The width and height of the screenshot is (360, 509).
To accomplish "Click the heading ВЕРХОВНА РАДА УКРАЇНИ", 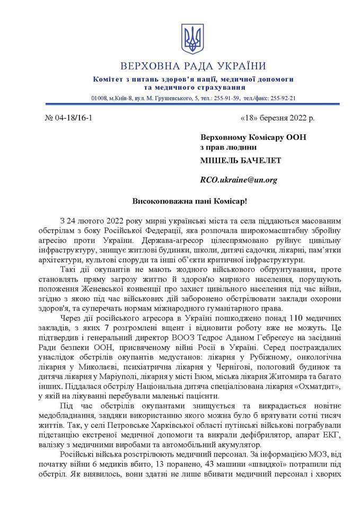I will pos(193,66).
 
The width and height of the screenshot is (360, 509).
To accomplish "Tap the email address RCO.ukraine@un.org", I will pos(239,180).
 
